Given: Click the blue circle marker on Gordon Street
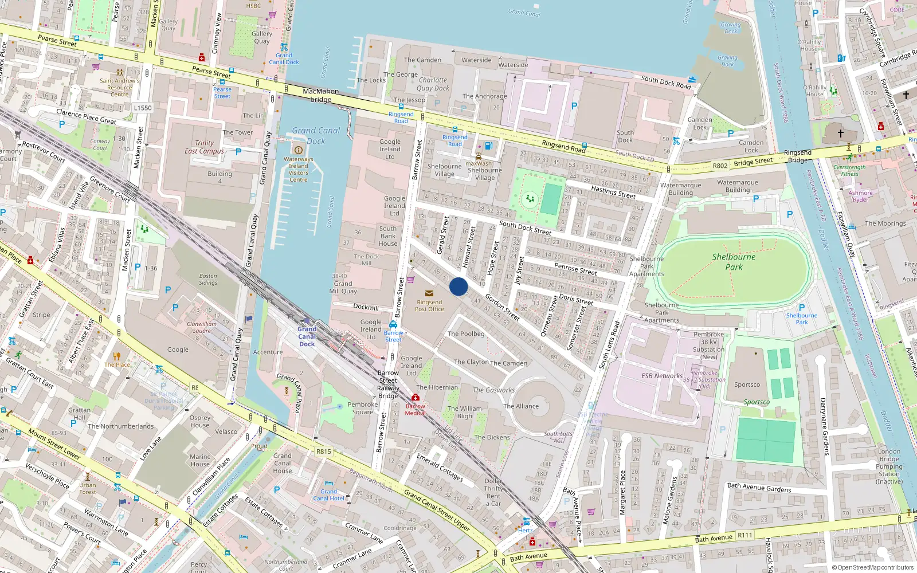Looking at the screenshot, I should [458, 286].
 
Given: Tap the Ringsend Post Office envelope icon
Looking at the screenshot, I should [429, 293].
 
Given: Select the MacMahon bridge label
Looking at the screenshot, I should [321, 95].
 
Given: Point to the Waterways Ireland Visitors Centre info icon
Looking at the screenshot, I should [298, 150].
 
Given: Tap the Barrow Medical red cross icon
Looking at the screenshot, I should [416, 397].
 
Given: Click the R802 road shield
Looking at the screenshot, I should [720, 166].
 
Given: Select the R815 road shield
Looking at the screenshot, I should [324, 452].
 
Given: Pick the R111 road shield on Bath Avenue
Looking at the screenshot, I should [745, 535].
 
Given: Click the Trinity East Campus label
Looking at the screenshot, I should [204, 147].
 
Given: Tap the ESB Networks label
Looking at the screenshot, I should [662, 376].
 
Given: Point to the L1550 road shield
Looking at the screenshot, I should [143, 108].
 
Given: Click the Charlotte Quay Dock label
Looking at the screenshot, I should [433, 84].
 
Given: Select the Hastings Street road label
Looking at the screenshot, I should [613, 192].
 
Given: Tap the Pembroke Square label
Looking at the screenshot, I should [362, 408].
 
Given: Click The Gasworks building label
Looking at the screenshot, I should [493, 390].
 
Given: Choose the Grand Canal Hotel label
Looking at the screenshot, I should [328, 495].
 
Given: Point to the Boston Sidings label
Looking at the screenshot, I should [208, 279].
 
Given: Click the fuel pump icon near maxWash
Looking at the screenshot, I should [488, 146].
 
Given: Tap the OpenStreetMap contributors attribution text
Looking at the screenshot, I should [872, 567].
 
